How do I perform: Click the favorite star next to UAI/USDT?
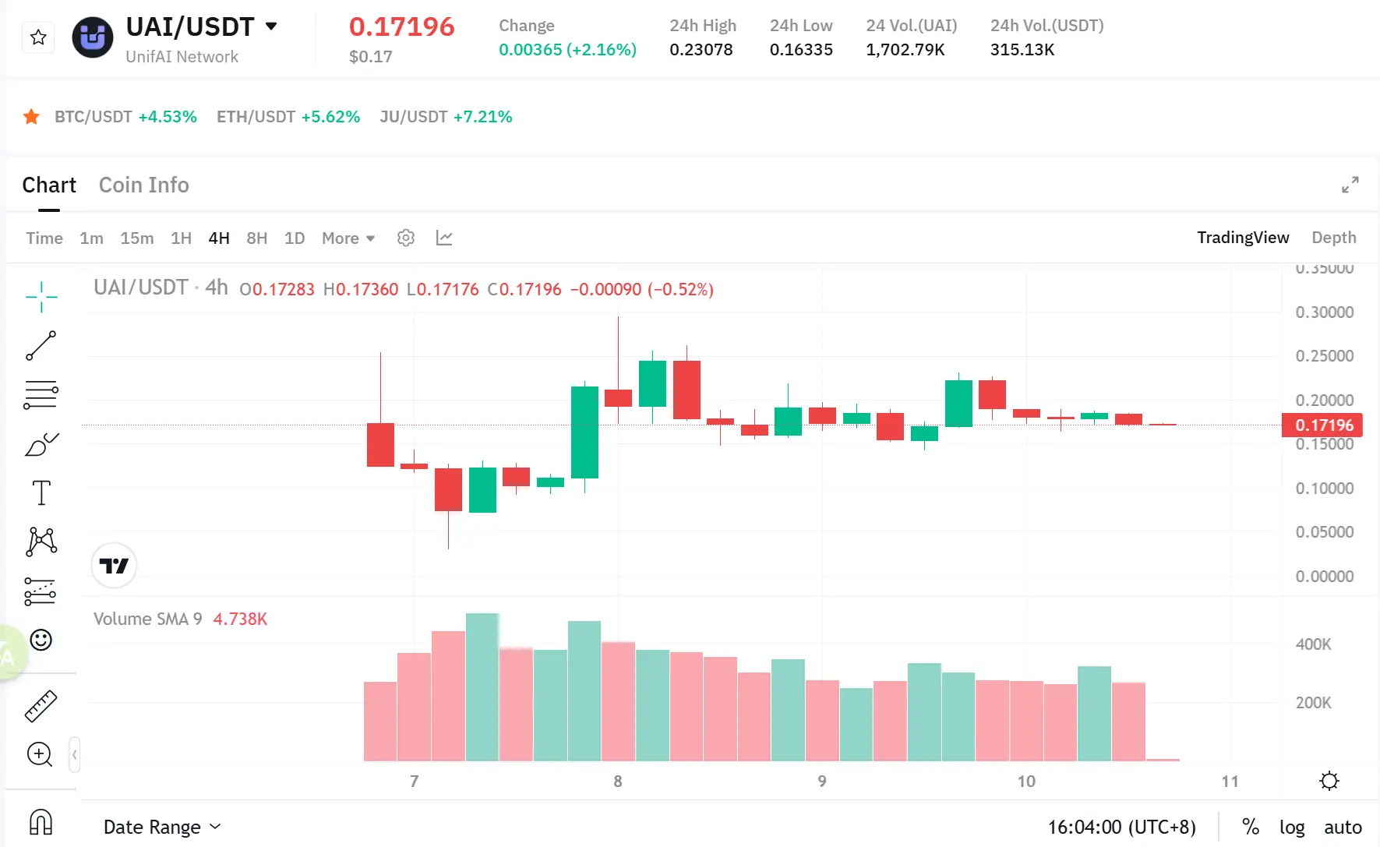[38, 37]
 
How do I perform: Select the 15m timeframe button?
[136, 238]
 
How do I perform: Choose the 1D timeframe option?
[294, 238]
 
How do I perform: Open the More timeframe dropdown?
[348, 238]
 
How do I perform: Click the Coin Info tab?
[143, 185]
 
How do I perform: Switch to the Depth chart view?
[1333, 238]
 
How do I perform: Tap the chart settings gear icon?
[405, 238]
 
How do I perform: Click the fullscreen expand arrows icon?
[1350, 185]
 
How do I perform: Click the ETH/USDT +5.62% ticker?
[288, 117]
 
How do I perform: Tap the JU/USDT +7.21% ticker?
[445, 117]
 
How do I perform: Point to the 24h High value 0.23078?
[701, 50]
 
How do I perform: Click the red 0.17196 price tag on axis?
[1323, 425]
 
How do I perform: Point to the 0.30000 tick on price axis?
[1324, 312]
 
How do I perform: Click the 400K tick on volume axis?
[1313, 644]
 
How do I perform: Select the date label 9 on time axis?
[821, 782]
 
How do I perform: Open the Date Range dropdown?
[162, 828]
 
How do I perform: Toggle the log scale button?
[1291, 828]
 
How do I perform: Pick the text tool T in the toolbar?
[41, 493]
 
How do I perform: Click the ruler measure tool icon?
[41, 706]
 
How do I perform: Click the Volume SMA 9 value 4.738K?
[240, 619]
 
